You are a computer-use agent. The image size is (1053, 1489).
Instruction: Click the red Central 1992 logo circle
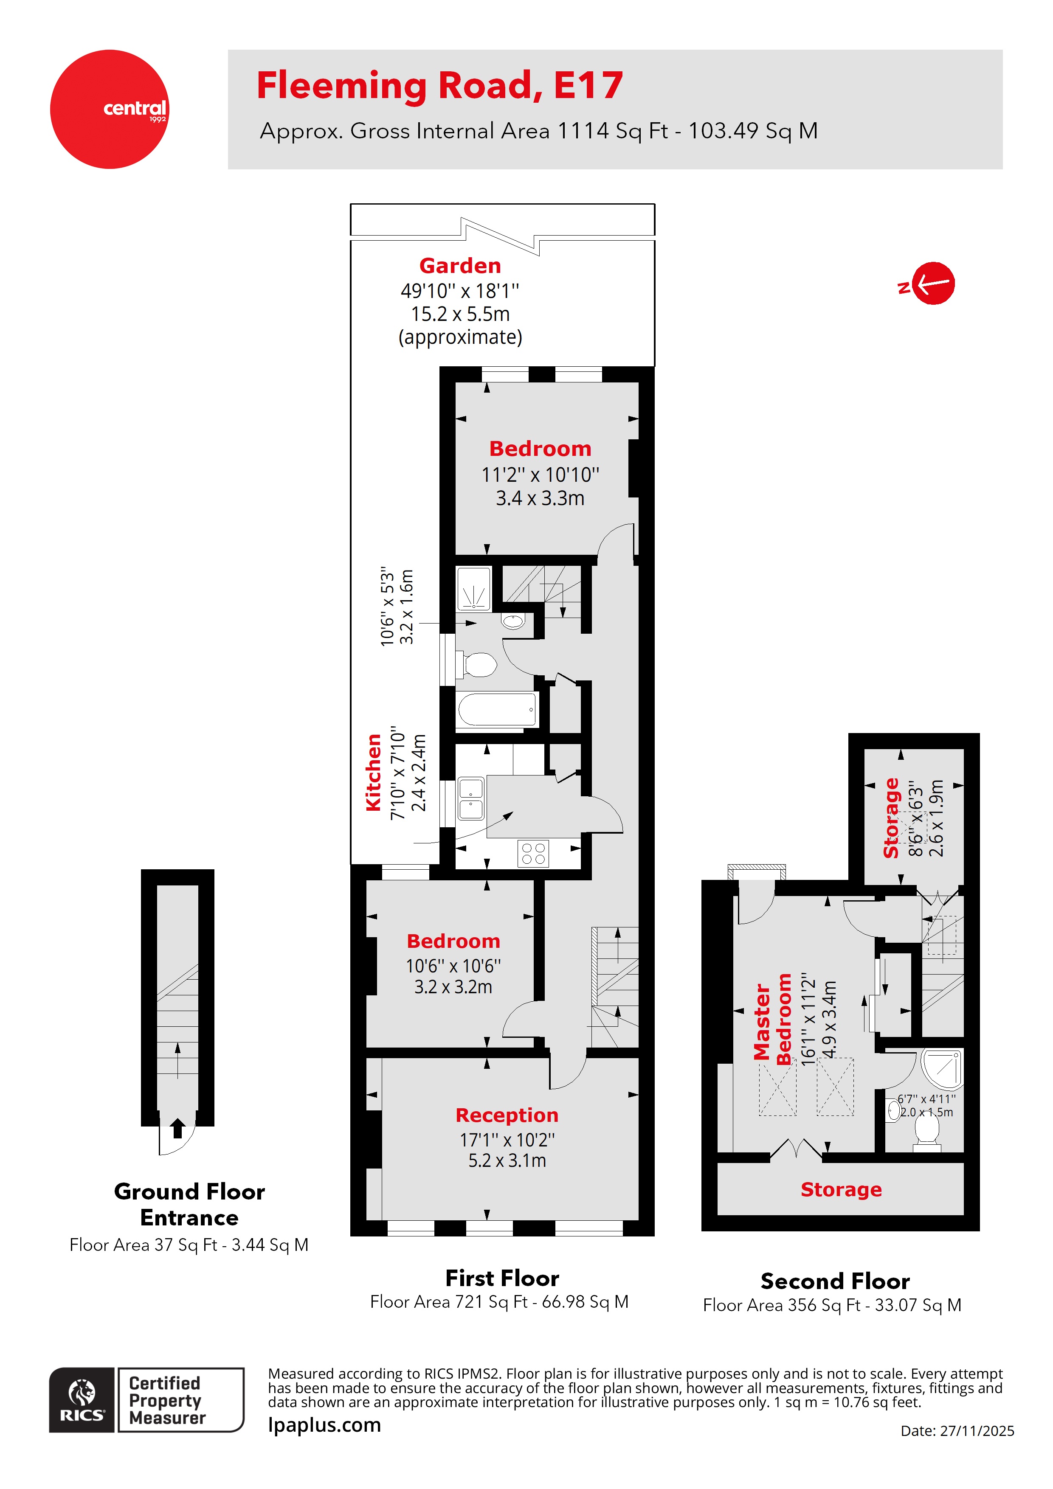[x=109, y=109]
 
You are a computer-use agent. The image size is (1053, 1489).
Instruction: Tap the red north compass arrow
[x=932, y=284]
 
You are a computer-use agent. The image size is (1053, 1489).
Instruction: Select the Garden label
[x=459, y=266]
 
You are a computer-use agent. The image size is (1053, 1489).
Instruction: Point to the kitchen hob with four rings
[x=533, y=854]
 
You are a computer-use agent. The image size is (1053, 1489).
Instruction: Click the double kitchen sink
[x=471, y=799]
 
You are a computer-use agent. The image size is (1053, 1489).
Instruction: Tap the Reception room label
[x=506, y=1115]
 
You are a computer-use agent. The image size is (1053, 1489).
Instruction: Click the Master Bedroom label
[x=772, y=1021]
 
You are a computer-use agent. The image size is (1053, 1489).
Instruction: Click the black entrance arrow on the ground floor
[x=177, y=1129]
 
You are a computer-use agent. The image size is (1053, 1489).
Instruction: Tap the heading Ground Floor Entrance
[x=189, y=1204]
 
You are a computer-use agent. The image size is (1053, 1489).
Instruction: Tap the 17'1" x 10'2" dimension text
[x=507, y=1139]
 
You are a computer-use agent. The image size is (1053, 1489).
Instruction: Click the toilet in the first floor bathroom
[x=479, y=665]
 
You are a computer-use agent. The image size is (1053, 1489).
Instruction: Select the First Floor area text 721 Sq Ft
[x=498, y=1301]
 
